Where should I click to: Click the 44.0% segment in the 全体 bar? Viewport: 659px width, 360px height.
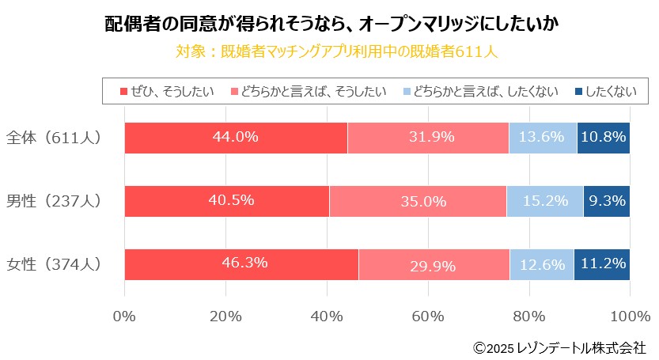click(236, 138)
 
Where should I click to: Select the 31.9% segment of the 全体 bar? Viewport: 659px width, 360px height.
click(428, 138)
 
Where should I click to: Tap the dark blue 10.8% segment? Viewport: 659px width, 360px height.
click(604, 138)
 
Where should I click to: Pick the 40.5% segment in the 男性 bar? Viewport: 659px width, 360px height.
click(227, 201)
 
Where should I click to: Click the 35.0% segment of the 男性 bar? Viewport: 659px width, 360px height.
click(418, 201)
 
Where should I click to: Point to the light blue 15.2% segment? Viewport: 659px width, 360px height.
click(545, 201)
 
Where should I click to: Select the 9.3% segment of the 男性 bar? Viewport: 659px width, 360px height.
click(607, 201)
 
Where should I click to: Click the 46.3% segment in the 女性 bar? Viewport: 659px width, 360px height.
click(241, 264)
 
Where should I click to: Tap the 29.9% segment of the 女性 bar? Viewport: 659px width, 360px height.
click(434, 264)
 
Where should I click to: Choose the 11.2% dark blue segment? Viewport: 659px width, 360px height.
click(602, 264)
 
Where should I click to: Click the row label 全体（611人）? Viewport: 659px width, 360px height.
click(54, 138)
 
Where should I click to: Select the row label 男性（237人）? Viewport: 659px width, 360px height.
click(54, 201)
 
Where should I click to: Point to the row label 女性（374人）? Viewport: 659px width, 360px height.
click(54, 264)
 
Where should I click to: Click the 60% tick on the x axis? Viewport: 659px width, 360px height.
click(428, 317)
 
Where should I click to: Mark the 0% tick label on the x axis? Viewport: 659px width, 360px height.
click(125, 317)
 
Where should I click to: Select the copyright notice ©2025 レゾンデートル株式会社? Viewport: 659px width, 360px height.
click(559, 347)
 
